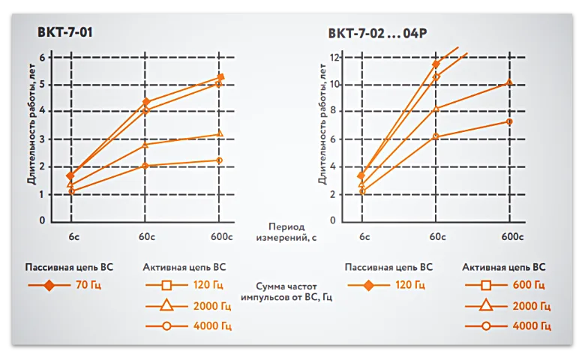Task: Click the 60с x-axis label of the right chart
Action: [x=436, y=237]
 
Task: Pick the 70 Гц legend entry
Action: [x=84, y=285]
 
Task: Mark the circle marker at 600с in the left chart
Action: [x=219, y=160]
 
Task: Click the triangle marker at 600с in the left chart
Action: [x=219, y=134]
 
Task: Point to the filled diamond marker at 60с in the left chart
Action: [x=146, y=102]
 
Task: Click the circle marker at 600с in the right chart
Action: [x=509, y=121]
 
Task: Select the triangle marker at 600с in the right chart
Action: [x=509, y=82]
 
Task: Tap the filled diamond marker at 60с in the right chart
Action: [x=436, y=64]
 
